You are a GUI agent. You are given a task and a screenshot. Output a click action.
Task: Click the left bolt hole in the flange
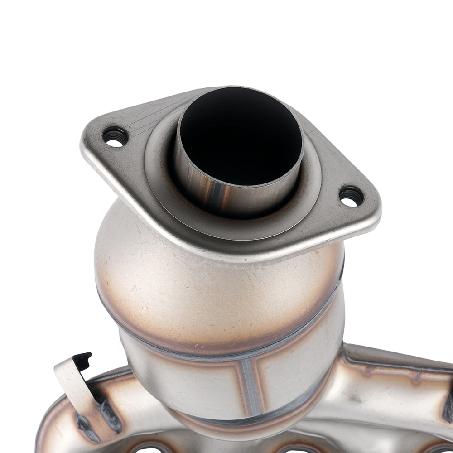coord(115,137)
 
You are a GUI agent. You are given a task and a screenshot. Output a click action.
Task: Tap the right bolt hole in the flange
coord(352,197)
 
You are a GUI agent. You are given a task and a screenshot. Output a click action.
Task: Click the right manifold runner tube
coord(394,390)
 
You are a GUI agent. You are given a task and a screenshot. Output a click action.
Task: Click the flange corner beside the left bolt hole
coord(93,136)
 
